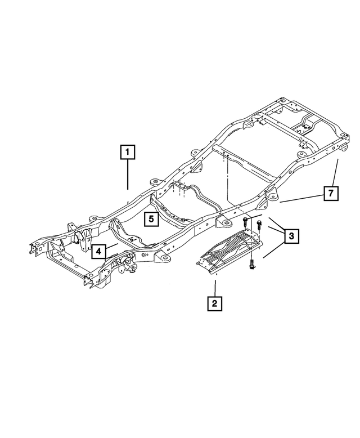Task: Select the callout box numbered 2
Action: pyautogui.click(x=214, y=303)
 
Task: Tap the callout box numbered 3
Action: pyautogui.click(x=290, y=236)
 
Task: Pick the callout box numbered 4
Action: pyautogui.click(x=99, y=251)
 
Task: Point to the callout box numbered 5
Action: pyautogui.click(x=151, y=218)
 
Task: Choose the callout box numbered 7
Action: pyautogui.click(x=331, y=193)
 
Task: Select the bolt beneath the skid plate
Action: pyautogui.click(x=251, y=263)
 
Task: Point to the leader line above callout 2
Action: pyautogui.click(x=214, y=286)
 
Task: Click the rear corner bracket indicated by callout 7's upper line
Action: pyautogui.click(x=340, y=149)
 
